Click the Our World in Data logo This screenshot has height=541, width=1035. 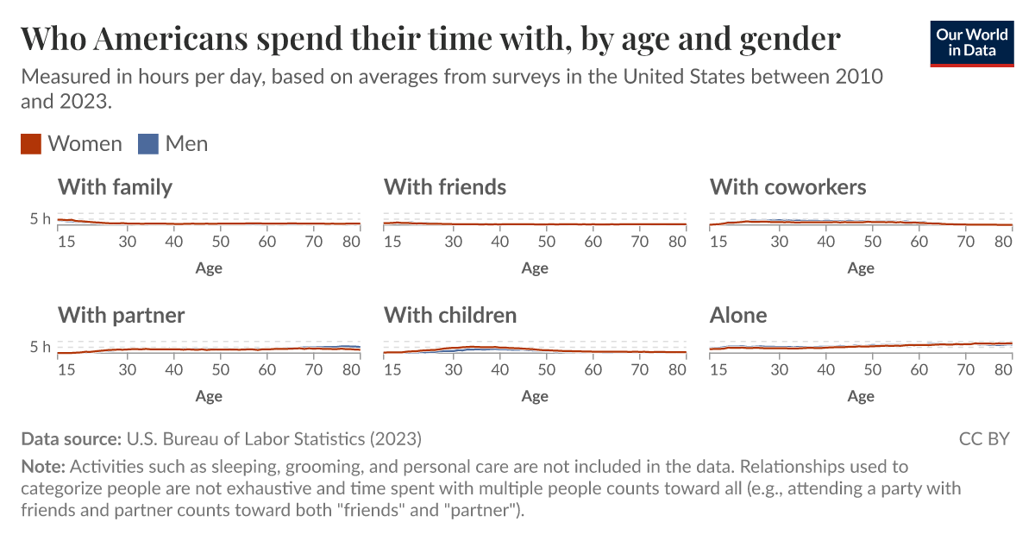(972, 41)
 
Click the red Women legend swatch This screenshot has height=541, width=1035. (31, 144)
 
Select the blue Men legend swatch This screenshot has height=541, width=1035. (148, 144)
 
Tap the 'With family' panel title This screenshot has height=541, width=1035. (115, 187)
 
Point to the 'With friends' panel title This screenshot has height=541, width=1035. (444, 187)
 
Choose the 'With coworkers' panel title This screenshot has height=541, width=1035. (787, 187)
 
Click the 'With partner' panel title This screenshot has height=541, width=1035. (121, 316)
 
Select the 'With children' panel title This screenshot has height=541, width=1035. (449, 316)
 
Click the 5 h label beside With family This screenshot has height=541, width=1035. (41, 219)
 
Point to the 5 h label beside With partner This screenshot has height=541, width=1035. (41, 348)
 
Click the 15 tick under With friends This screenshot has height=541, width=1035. (392, 242)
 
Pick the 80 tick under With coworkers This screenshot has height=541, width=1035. (1003, 242)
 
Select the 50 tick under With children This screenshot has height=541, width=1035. (546, 370)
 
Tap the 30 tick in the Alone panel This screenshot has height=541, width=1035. (780, 370)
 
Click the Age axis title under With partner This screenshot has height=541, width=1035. (209, 396)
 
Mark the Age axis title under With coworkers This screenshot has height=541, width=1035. (860, 267)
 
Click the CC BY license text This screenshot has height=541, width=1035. (983, 439)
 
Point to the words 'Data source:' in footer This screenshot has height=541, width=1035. (71, 439)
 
